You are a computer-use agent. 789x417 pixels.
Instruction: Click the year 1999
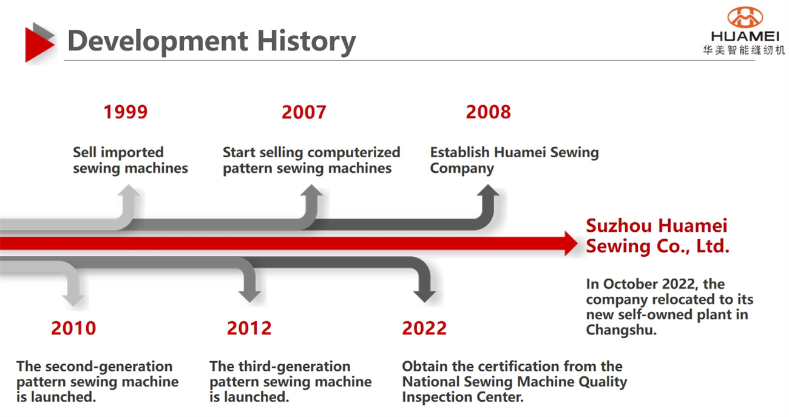[126, 112]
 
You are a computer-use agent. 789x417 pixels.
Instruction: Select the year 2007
[304, 112]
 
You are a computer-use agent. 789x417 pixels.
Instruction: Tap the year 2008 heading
[488, 112]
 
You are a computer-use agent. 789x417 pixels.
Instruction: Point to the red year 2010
[73, 328]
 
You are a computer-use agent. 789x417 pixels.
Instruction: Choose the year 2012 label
[249, 328]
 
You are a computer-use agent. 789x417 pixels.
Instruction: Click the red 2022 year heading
[424, 328]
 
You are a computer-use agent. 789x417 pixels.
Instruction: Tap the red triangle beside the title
[39, 45]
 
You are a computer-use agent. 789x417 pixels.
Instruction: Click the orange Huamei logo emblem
[745, 17]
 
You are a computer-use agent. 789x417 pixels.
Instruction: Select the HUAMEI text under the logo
[745, 36]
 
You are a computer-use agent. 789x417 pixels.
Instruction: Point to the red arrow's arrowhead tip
[577, 243]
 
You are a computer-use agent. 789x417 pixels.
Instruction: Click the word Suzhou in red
[618, 226]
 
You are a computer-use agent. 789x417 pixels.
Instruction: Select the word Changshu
[621, 330]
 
